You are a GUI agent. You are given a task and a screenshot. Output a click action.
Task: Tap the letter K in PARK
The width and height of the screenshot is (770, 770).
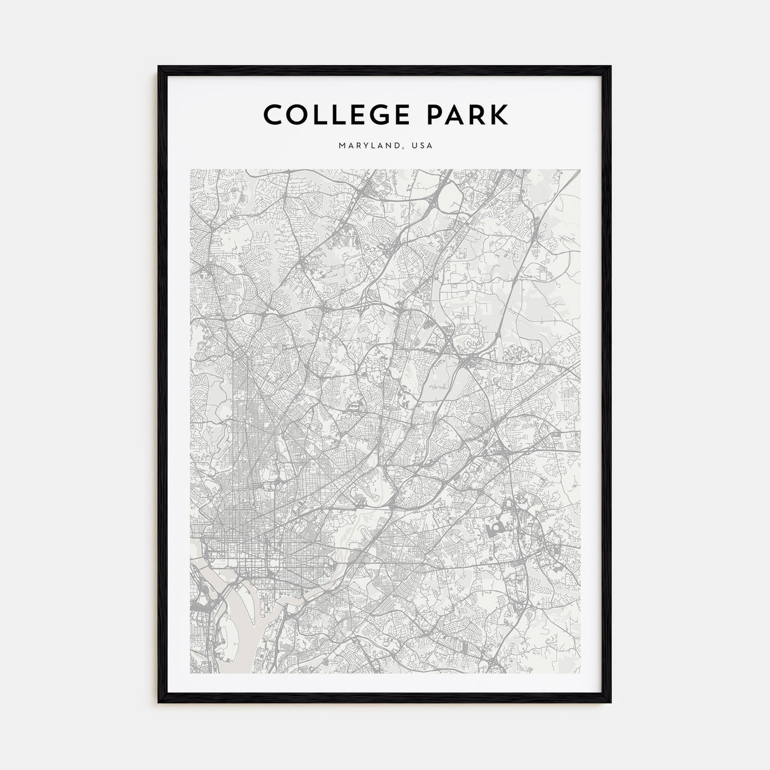(500, 115)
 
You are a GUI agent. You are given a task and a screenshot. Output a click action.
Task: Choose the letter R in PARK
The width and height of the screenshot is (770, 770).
(478, 115)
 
